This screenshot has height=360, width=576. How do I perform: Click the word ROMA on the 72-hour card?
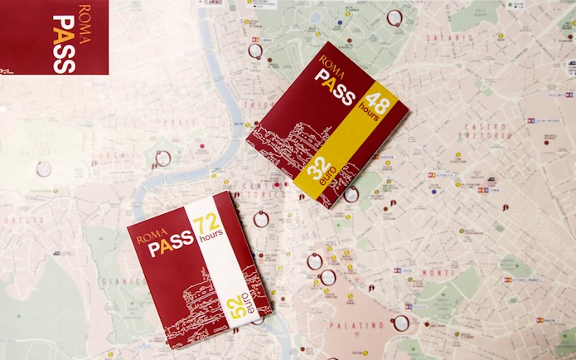(x=152, y=232)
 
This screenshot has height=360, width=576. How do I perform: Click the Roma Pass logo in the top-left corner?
(x=54, y=37)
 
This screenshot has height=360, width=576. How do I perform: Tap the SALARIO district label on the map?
(x=448, y=37)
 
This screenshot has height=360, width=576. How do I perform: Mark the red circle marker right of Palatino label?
(x=401, y=322)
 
